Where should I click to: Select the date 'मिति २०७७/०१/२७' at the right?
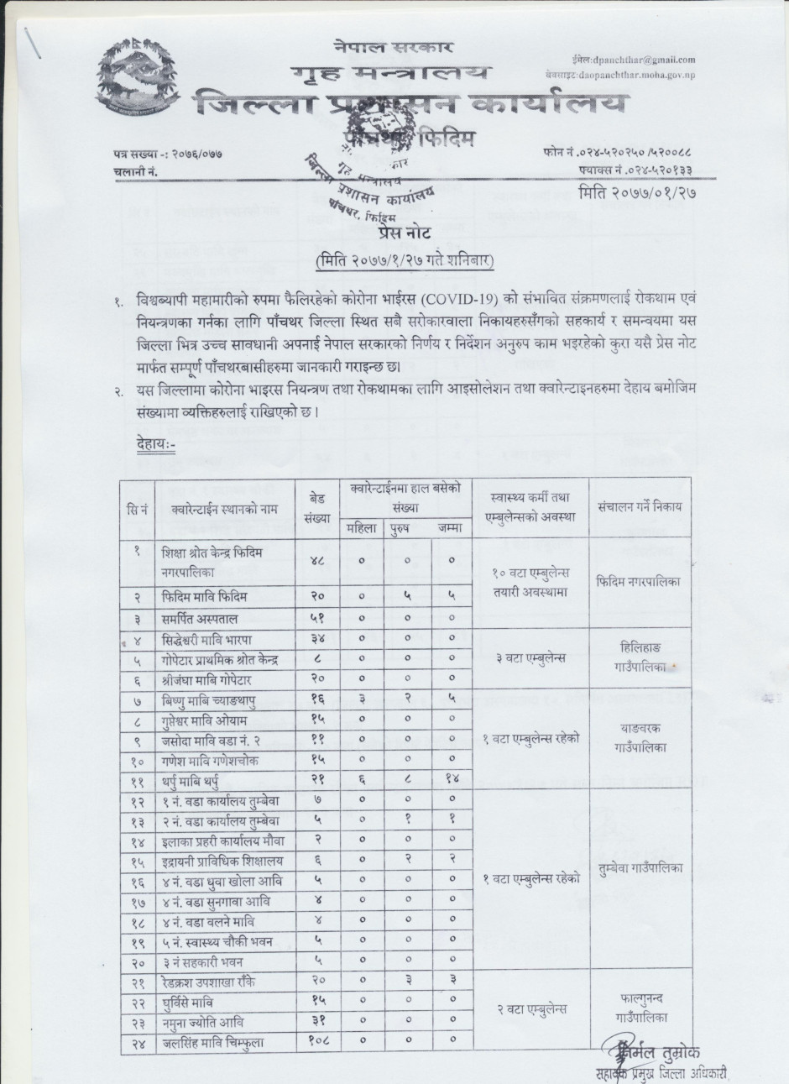(639, 192)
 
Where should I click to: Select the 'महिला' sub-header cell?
(362, 528)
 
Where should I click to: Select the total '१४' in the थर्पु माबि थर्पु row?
(451, 778)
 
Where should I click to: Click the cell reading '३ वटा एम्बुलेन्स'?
(530, 657)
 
